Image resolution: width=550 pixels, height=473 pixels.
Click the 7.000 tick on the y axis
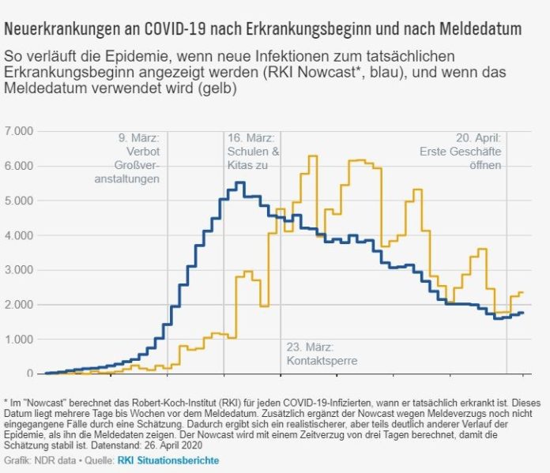click(x=19, y=130)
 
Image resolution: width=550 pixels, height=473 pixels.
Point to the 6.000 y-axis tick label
click(x=19, y=166)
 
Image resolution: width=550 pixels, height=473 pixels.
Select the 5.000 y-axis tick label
click(x=19, y=201)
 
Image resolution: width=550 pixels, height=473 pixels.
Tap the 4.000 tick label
click(x=19, y=235)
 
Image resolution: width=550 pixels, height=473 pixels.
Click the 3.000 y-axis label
click(x=19, y=270)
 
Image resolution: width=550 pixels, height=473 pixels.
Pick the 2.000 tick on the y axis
click(x=19, y=305)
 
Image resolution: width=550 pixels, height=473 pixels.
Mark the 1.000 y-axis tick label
click(x=19, y=339)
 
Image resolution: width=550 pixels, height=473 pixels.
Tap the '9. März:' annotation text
click(x=137, y=137)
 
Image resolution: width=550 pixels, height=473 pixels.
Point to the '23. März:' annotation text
click(x=311, y=347)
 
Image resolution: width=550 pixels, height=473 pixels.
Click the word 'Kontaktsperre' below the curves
click(x=321, y=361)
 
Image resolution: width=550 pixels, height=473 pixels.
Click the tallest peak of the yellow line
click(x=312, y=156)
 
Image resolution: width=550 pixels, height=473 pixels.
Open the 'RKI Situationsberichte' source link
click(x=168, y=460)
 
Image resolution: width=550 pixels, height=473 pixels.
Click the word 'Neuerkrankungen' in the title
click(x=64, y=29)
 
